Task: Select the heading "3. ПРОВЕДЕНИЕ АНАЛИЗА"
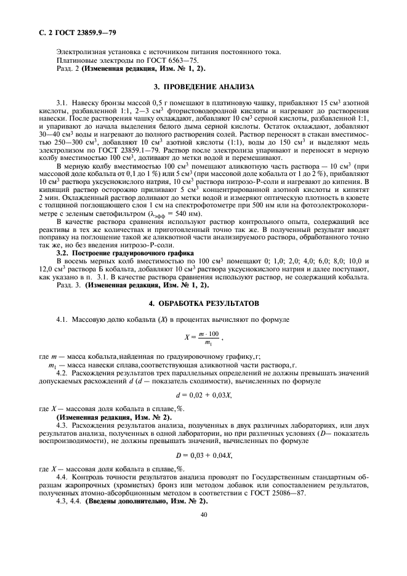204,87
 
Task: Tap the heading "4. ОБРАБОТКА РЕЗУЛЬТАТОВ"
204,304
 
